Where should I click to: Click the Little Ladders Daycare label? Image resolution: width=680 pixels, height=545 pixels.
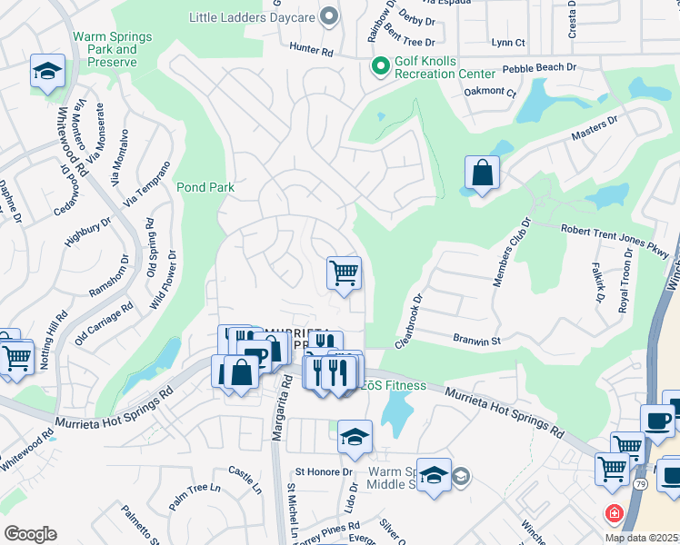pos(252,17)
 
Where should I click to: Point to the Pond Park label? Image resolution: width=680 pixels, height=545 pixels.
pos(205,188)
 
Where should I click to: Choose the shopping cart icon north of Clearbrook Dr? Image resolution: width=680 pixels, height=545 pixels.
pos(344,272)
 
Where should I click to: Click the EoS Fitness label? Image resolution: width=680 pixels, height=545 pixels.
pos(394,385)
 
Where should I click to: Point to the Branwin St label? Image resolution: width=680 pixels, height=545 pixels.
pos(477,340)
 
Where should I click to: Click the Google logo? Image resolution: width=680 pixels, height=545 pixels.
pos(30,533)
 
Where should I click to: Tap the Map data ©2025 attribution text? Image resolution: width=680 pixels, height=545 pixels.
pos(641,538)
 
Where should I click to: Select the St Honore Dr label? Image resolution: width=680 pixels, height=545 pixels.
pos(323,472)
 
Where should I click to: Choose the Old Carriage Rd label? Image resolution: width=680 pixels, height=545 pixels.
pos(105,322)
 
